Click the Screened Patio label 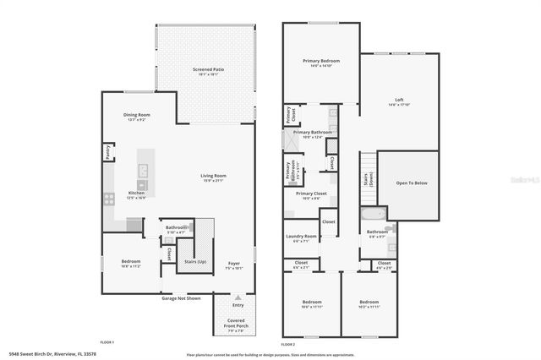pos(205,69)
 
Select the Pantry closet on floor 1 pos(108,152)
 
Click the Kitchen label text pos(136,194)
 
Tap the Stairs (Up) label pos(196,262)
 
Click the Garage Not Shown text pos(182,298)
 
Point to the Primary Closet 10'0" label pos(309,194)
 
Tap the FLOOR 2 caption pos(288,344)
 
